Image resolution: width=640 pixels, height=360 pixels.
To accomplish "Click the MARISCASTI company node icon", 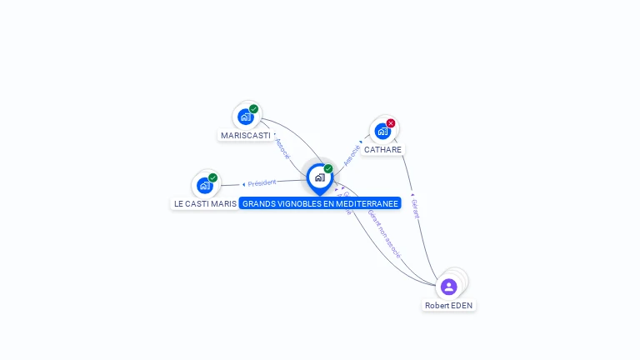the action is (x=246, y=117).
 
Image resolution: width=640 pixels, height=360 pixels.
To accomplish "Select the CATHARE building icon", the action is (x=382, y=131).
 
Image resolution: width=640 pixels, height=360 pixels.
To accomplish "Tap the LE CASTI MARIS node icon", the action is (x=205, y=185).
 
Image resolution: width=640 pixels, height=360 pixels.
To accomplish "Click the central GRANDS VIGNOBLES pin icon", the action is (x=319, y=177).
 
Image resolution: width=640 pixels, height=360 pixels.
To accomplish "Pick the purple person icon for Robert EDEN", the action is (x=449, y=287).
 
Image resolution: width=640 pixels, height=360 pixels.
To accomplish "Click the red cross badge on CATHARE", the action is (x=391, y=123).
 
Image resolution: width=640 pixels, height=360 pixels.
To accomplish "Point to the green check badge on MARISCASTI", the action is (x=254, y=109).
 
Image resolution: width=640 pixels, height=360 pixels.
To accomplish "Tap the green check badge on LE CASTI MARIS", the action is (x=213, y=177).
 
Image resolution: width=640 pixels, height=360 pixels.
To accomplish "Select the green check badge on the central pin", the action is (x=328, y=169).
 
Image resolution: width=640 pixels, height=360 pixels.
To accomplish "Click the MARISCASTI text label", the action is (x=246, y=135).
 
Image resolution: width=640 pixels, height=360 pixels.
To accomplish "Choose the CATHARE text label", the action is (x=382, y=150).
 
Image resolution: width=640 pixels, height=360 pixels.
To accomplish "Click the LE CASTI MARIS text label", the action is (x=205, y=203).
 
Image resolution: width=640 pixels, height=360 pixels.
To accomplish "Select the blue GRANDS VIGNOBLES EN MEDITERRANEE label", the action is (x=320, y=203).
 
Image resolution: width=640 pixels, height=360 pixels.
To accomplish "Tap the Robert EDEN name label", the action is (x=448, y=306).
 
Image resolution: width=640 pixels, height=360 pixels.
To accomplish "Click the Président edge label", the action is (x=261, y=183).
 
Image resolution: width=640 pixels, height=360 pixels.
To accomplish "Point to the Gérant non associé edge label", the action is (x=384, y=232).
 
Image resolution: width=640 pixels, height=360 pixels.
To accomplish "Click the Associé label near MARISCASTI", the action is (x=282, y=148).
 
